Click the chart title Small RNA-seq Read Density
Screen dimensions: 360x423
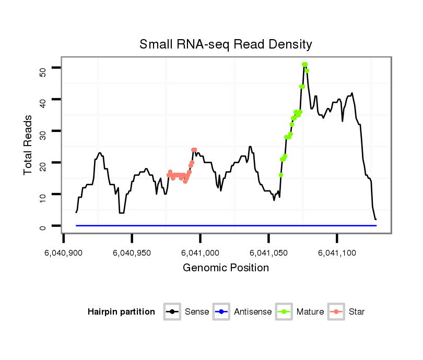click(x=226, y=44)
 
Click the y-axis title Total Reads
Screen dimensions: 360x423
click(x=29, y=145)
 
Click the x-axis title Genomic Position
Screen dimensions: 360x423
click(x=226, y=268)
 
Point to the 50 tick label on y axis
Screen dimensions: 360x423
click(x=43, y=71)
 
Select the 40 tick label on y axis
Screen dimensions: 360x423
click(x=43, y=100)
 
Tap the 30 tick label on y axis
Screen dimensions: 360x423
click(x=43, y=131)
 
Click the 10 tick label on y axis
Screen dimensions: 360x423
click(x=43, y=195)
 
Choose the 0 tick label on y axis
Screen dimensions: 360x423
click(x=43, y=227)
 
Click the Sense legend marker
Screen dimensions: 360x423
click(x=172, y=312)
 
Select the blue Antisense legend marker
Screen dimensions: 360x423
click(x=221, y=312)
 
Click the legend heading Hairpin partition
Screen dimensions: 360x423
click(x=121, y=312)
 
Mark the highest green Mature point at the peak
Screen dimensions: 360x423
click(x=304, y=65)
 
